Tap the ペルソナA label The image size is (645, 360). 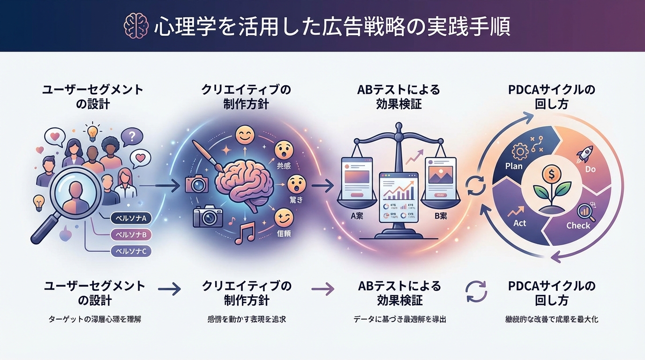[x=131, y=218]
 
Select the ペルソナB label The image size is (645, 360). [x=131, y=234]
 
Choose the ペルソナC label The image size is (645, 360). [x=131, y=251]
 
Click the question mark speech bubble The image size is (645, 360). [x=132, y=137]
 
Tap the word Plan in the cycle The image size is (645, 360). [x=514, y=166]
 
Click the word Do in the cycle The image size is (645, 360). [x=591, y=169]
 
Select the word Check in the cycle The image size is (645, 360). [x=578, y=225]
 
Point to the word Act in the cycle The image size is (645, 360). [x=520, y=223]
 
